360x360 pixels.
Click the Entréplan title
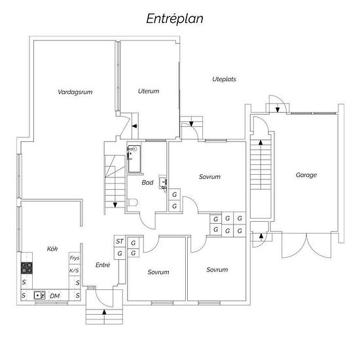pyautogui.click(x=175, y=19)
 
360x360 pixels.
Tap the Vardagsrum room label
pyautogui.click(x=75, y=92)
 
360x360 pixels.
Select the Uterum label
pyautogui.click(x=149, y=91)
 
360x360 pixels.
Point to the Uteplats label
pyautogui.click(x=224, y=79)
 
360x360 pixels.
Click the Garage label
pyautogui.click(x=306, y=175)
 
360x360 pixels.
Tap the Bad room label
pyautogui.click(x=147, y=183)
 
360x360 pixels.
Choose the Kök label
pyautogui.click(x=52, y=249)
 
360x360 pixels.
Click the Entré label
pyautogui.click(x=103, y=264)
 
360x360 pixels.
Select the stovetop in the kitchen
pyautogui.click(x=27, y=268)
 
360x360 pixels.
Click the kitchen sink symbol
pyautogui.click(x=39, y=295)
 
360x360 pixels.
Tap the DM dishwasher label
pyautogui.click(x=55, y=296)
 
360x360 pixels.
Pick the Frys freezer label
pyautogui.click(x=75, y=258)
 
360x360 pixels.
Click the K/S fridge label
pyautogui.click(x=74, y=270)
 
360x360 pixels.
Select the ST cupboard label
pyautogui.click(x=120, y=241)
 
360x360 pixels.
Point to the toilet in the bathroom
pyautogui.click(x=132, y=202)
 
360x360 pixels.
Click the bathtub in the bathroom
pyautogui.click(x=134, y=158)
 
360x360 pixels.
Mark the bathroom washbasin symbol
pyautogui.click(x=163, y=183)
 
